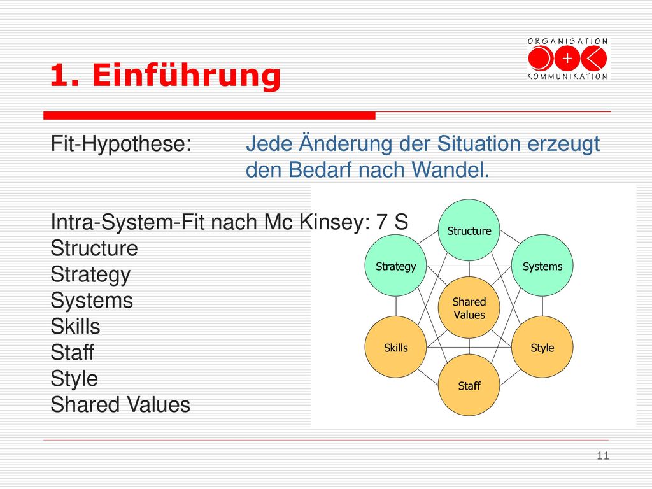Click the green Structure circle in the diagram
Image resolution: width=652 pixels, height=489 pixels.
[x=469, y=230]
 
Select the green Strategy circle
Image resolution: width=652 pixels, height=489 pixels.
[x=395, y=266]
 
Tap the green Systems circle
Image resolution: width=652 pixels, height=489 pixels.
[x=542, y=266]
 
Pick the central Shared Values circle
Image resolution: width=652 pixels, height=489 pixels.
[x=469, y=308]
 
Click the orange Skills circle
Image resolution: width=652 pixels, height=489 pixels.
[x=395, y=347]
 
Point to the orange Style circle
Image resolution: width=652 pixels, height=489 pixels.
[x=542, y=347]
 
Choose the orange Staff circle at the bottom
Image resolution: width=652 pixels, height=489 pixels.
[x=469, y=385]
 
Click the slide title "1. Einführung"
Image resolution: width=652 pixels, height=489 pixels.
[x=166, y=75]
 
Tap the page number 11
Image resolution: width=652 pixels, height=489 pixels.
[x=603, y=456]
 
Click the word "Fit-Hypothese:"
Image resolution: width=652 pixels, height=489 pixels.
[x=121, y=145]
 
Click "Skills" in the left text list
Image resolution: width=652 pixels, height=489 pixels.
[x=75, y=327]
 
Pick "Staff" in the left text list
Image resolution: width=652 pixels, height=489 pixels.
[x=73, y=352]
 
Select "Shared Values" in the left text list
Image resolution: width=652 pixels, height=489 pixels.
[x=120, y=404]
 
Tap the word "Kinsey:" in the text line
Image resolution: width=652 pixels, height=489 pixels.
[x=335, y=222]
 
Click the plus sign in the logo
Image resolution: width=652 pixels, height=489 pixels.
[x=567, y=59]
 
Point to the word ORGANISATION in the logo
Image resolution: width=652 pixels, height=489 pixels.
[x=567, y=41]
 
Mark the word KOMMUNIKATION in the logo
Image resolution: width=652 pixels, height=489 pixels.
[x=567, y=76]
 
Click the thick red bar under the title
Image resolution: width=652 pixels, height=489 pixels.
[x=209, y=116]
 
